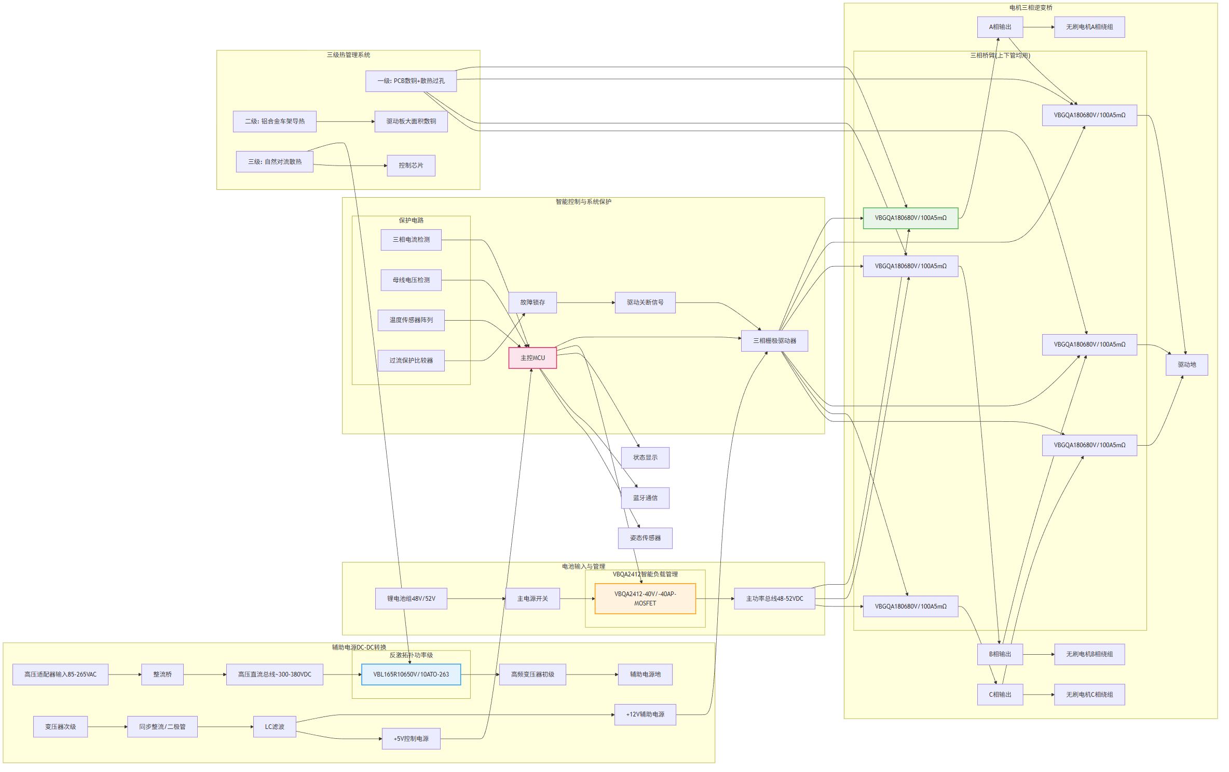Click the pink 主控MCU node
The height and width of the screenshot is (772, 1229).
(532, 358)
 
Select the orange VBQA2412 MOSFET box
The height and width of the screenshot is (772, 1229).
(645, 599)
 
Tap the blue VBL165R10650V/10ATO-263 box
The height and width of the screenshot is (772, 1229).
(411, 674)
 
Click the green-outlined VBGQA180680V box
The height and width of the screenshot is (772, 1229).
(910, 218)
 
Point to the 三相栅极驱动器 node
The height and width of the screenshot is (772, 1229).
(774, 341)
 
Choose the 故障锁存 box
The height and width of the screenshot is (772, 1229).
(532, 302)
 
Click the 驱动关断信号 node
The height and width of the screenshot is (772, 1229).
(645, 302)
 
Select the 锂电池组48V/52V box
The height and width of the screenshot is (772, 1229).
(411, 599)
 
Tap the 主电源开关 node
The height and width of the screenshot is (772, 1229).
(532, 599)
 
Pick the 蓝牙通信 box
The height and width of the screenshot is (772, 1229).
(645, 498)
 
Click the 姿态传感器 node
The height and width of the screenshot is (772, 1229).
(645, 538)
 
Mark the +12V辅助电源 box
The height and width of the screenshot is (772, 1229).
(645, 714)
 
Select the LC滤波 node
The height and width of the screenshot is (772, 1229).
(275, 727)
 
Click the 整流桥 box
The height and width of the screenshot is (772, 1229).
(162, 674)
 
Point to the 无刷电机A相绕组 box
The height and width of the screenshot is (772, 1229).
(1089, 27)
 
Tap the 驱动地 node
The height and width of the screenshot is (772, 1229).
(1186, 365)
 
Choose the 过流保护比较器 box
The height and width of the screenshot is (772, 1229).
(411, 361)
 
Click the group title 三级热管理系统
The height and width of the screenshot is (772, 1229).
(348, 55)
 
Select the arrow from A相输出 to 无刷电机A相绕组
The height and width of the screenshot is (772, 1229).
(1038, 27)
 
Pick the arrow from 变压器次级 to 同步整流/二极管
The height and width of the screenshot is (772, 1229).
(107, 727)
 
